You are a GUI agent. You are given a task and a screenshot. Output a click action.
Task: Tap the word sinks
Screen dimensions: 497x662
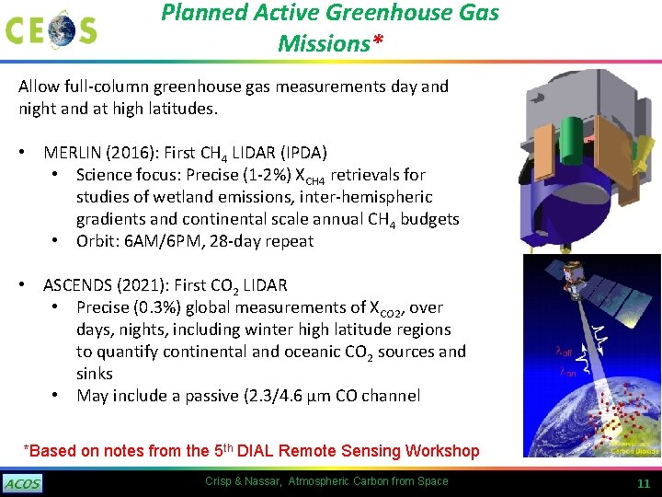coord(94,374)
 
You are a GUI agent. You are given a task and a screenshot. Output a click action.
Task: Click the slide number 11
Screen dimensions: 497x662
coord(644,483)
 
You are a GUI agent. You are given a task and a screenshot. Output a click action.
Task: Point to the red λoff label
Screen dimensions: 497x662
coord(565,351)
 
